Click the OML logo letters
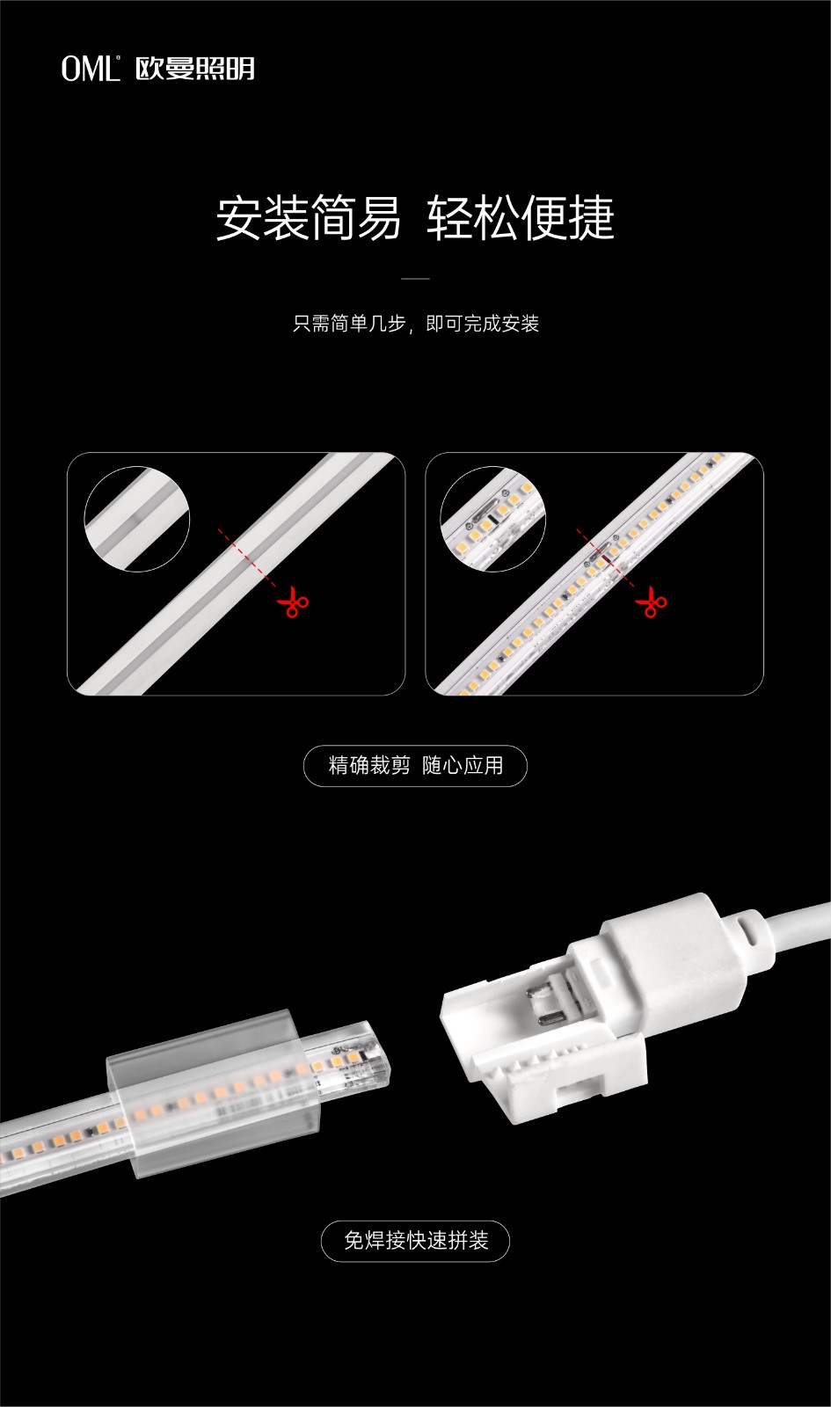[90, 69]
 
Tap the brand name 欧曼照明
[195, 69]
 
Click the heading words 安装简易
[309, 217]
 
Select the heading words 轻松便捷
[521, 217]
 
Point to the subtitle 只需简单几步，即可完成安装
[416, 324]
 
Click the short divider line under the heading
[415, 278]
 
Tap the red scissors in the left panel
[293, 601]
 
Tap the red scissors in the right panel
[651, 601]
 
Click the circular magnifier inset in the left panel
[137, 519]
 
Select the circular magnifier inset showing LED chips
[492, 519]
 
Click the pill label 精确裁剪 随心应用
[415, 766]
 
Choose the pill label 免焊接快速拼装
[415, 1241]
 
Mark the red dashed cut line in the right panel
[606, 558]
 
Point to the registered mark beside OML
[118, 58]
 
